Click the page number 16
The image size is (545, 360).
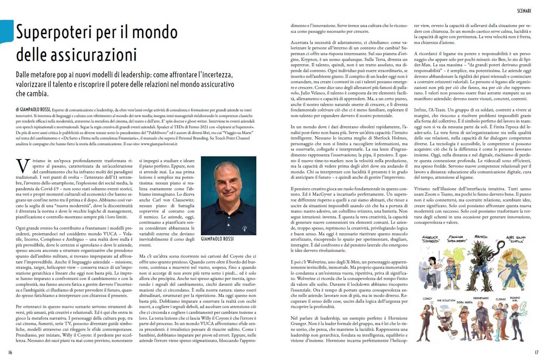click(x=10, y=352)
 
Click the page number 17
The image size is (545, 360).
click(x=536, y=352)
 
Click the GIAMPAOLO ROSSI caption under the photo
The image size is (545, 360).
click(x=217, y=239)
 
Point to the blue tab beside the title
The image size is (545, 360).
click(x=7, y=31)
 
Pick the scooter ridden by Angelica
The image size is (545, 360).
click(x=429, y=283)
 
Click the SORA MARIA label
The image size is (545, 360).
click(x=464, y=303)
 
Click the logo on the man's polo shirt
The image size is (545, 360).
click(x=244, y=229)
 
